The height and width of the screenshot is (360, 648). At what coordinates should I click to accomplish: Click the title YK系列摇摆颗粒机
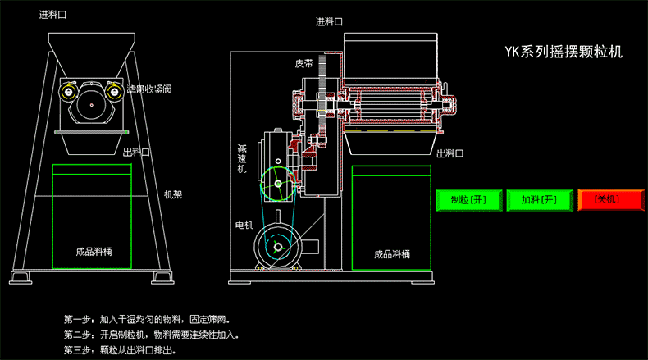point(564,52)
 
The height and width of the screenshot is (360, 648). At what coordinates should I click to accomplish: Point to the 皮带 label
point(304,63)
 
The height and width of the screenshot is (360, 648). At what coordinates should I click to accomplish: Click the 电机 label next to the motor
point(244,225)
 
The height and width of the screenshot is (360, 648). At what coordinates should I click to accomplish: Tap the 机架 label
point(172,194)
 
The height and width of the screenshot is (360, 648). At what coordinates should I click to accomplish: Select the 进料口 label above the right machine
point(330,22)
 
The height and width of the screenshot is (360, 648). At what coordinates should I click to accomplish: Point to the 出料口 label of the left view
point(135,153)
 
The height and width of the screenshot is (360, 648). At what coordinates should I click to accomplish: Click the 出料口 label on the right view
point(450,153)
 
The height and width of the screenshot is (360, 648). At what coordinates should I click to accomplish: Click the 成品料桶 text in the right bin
point(391,254)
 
